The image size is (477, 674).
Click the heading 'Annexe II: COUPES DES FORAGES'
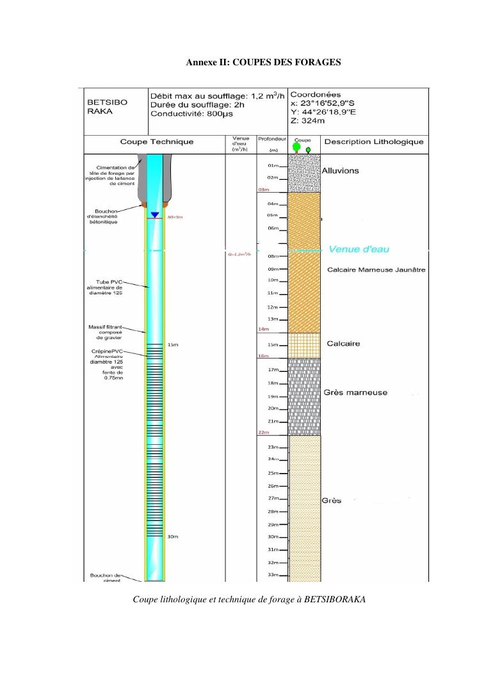(x=263, y=62)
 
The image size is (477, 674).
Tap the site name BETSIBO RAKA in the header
(x=106, y=106)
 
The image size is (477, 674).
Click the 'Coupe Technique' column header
(x=156, y=141)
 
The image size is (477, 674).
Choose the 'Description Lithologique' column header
(x=374, y=141)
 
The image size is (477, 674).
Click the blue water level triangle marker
(x=154, y=214)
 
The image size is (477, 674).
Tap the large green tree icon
(x=297, y=147)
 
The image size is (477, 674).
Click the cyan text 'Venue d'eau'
(x=359, y=249)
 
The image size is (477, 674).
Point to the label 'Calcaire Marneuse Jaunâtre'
(x=376, y=269)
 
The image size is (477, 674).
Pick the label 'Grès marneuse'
(x=355, y=392)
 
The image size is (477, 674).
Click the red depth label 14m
(x=263, y=329)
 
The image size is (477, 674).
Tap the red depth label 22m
(x=263, y=433)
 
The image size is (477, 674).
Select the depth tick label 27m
(x=273, y=498)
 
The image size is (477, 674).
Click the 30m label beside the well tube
(x=173, y=536)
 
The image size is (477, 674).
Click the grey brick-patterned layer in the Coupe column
(x=304, y=394)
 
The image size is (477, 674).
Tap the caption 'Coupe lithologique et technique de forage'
(x=249, y=599)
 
